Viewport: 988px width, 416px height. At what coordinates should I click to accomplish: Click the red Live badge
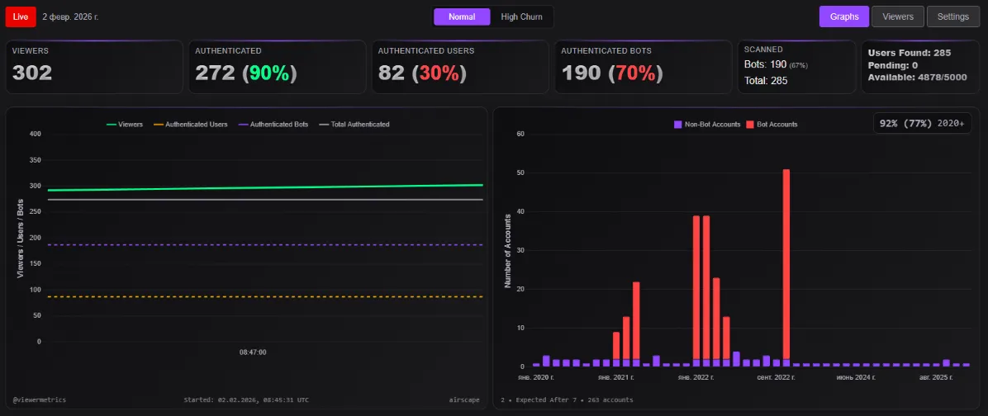[21, 17]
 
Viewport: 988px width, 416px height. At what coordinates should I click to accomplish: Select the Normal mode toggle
[462, 17]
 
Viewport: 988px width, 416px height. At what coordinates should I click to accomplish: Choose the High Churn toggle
[521, 17]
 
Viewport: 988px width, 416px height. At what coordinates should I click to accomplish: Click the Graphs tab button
[844, 16]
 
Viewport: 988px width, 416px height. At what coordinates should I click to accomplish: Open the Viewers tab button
[898, 16]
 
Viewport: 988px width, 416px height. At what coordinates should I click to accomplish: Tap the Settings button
[952, 16]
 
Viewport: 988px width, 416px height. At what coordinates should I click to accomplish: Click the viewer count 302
[32, 73]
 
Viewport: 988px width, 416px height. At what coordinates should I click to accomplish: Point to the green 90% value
[268, 73]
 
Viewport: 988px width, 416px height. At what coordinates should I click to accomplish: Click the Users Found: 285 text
[910, 53]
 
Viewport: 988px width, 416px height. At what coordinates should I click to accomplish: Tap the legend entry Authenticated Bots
[273, 125]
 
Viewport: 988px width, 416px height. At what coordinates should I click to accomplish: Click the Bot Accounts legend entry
[772, 125]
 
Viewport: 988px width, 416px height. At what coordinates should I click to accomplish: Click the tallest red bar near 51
[786, 264]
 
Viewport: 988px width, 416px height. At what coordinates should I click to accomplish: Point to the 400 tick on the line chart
[35, 134]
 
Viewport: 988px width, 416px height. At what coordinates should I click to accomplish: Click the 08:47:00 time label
[253, 352]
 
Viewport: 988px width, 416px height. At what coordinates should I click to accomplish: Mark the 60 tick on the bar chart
[520, 134]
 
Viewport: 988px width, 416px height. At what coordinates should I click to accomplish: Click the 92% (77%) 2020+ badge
[921, 123]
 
